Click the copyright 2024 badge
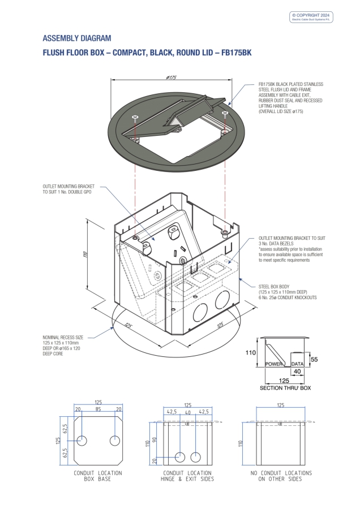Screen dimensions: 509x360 click(x=312, y=17)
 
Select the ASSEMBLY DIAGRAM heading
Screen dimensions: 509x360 click(x=77, y=38)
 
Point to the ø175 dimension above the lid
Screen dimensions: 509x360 click(x=172, y=77)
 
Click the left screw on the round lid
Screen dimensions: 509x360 click(x=134, y=118)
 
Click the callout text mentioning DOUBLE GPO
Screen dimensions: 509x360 click(x=68, y=189)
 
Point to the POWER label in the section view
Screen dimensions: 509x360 click(x=275, y=365)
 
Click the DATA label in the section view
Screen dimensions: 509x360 click(x=298, y=365)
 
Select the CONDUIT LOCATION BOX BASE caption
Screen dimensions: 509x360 click(x=98, y=476)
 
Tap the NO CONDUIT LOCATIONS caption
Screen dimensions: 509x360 click(x=281, y=476)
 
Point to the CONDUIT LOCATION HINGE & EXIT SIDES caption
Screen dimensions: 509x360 click(x=187, y=476)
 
